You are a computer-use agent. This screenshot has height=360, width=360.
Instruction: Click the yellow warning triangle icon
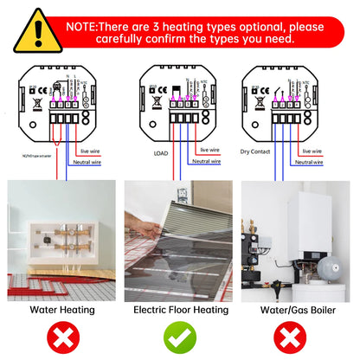pyautogui.click(x=27, y=29)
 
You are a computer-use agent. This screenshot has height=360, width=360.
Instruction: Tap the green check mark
pyautogui.click(x=179, y=334)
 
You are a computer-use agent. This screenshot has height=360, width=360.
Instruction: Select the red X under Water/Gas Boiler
pyautogui.click(x=299, y=334)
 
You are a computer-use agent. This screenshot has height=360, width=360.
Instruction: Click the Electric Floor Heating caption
pyautogui.click(x=179, y=307)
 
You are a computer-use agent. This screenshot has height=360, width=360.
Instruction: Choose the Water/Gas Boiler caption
pyautogui.click(x=299, y=307)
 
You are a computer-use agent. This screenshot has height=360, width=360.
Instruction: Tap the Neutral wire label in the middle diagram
pyautogui.click(x=206, y=161)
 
